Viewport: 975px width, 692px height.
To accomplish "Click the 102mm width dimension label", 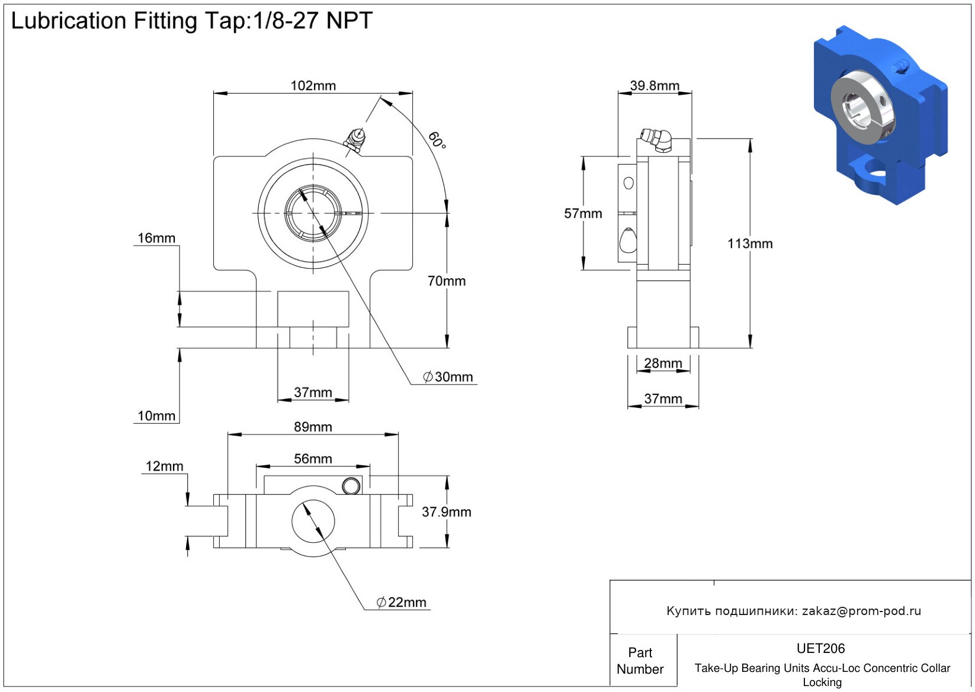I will [313, 86].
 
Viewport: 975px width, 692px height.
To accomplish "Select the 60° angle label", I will [437, 140].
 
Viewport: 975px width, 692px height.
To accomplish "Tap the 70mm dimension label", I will [447, 281].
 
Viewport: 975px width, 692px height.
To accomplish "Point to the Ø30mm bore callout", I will [448, 377].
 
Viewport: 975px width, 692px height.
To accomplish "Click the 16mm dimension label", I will [156, 238].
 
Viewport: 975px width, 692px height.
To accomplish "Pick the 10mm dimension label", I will [156, 416].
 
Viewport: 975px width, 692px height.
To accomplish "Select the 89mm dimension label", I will [313, 427].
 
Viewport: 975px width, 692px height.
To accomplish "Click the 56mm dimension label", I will [313, 459].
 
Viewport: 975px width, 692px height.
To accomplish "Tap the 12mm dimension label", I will [164, 466].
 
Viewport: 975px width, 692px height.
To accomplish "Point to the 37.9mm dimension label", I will [446, 512].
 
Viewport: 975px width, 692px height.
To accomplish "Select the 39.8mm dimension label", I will [655, 86].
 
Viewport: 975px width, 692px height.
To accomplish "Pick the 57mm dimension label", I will [583, 214].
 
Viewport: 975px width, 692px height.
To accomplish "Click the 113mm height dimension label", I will [750, 244].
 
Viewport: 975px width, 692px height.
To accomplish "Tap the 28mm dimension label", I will [663, 363].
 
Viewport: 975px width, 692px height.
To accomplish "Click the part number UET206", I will [820, 649].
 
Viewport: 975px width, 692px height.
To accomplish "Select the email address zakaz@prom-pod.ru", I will [861, 611].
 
